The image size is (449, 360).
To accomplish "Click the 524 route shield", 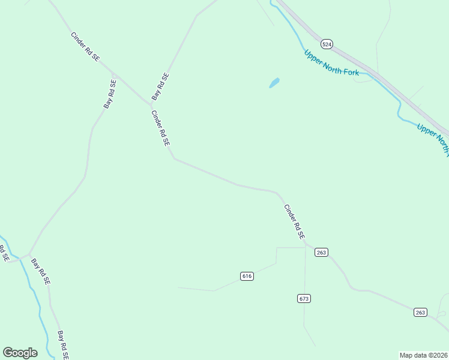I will click(327, 44).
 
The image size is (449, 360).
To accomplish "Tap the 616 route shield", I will click(247, 276).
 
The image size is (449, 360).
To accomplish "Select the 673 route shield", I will click(304, 298).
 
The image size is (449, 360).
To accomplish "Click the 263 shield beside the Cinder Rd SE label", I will click(321, 253).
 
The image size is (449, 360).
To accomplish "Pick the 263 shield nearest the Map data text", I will click(420, 312).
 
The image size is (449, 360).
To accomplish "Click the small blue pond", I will click(274, 83).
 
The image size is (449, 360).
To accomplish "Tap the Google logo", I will click(20, 353).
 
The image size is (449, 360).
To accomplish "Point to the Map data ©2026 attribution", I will click(424, 355).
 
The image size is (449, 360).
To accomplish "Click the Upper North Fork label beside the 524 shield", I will click(331, 62).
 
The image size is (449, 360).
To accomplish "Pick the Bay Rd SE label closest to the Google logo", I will click(63, 345).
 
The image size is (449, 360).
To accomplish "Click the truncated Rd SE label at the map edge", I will click(4, 253).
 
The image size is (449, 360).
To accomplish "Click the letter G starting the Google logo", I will click(8, 353).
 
